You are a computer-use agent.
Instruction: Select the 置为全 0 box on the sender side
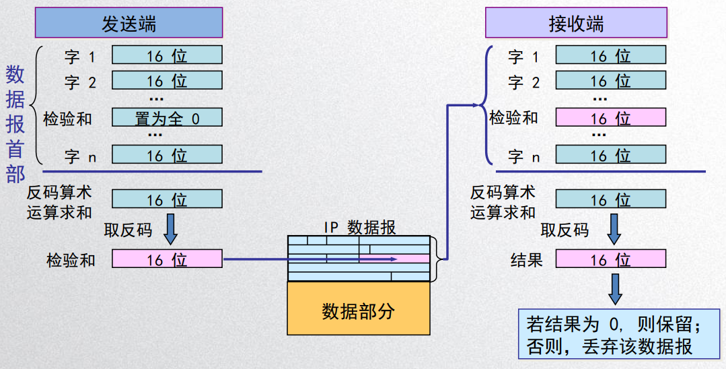click(x=167, y=118)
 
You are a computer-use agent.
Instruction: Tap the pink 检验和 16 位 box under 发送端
click(x=167, y=259)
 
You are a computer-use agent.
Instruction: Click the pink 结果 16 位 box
click(x=610, y=259)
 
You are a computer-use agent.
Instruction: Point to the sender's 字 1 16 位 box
click(x=167, y=55)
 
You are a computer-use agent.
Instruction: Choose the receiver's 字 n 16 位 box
click(x=610, y=156)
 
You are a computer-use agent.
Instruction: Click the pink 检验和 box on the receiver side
click(x=610, y=118)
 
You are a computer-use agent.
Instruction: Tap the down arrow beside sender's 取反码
click(x=170, y=229)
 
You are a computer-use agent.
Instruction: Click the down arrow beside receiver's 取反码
click(x=614, y=229)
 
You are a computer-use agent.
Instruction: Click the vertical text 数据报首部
click(x=15, y=125)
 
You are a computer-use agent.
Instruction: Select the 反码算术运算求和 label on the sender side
click(x=59, y=201)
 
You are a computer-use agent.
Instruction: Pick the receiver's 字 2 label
click(x=524, y=83)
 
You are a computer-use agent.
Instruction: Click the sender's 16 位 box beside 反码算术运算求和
click(x=167, y=199)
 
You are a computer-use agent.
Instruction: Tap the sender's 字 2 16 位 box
click(x=167, y=81)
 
